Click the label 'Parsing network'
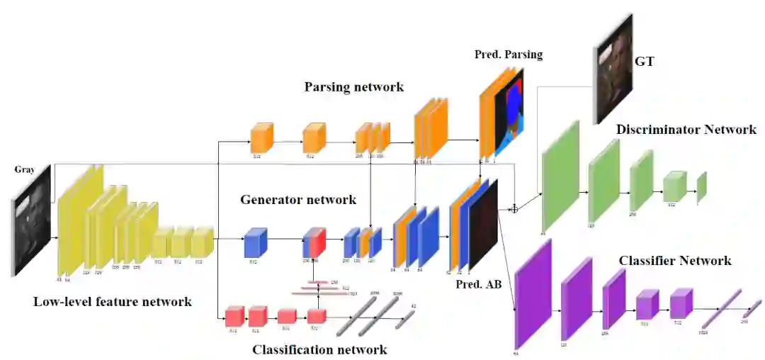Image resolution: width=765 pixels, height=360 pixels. (354, 87)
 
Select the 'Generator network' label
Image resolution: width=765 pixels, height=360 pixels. (298, 200)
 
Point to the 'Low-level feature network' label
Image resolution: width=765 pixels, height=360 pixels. (113, 302)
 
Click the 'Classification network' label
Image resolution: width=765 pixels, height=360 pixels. (320, 349)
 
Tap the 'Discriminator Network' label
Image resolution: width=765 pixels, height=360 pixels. (686, 130)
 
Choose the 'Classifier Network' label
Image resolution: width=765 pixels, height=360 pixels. (675, 261)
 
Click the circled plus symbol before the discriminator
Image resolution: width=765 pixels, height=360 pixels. (514, 209)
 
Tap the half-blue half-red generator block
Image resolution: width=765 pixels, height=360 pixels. (314, 242)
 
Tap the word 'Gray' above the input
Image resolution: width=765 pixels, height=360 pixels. (24, 170)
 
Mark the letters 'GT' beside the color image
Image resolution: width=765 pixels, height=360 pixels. (645, 62)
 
